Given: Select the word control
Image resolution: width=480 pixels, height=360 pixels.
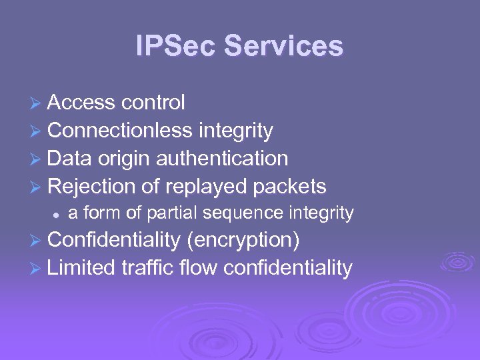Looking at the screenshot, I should [153, 103].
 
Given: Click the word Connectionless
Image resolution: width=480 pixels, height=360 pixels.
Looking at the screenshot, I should [120, 131].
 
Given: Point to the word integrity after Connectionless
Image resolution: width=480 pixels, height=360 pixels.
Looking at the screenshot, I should [235, 131].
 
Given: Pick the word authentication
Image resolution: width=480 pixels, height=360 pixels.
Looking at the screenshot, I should [222, 159].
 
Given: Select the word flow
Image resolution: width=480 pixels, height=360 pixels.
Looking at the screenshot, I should [199, 267].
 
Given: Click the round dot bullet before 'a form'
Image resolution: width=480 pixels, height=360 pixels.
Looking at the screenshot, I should [57, 215].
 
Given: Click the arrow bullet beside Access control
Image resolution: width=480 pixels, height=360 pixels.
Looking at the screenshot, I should [37, 103].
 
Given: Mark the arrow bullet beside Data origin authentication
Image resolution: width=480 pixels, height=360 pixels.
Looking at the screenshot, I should [37, 159].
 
